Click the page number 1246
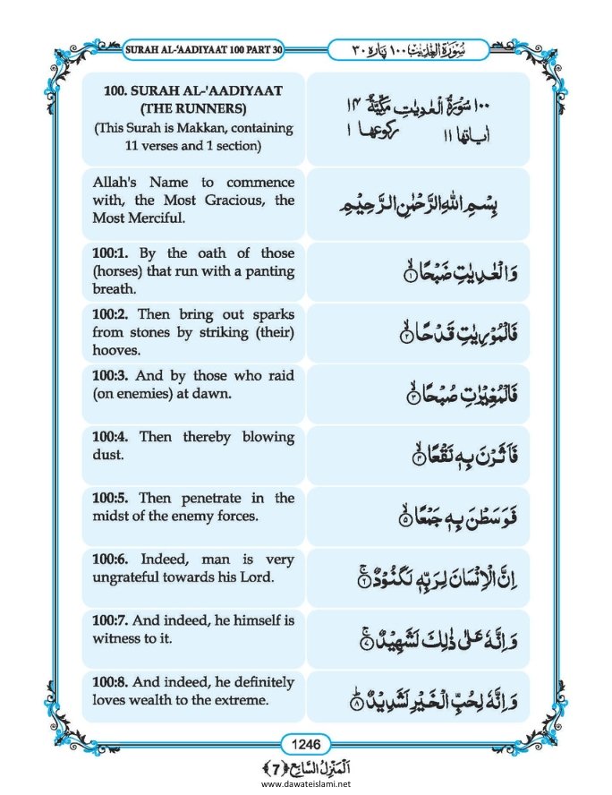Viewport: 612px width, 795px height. [306, 741]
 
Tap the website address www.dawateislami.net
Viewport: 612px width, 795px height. [305, 784]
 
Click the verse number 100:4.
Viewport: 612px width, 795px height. [110, 437]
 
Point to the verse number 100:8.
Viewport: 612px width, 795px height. [110, 682]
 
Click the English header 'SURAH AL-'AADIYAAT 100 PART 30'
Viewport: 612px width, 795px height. [200, 47]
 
